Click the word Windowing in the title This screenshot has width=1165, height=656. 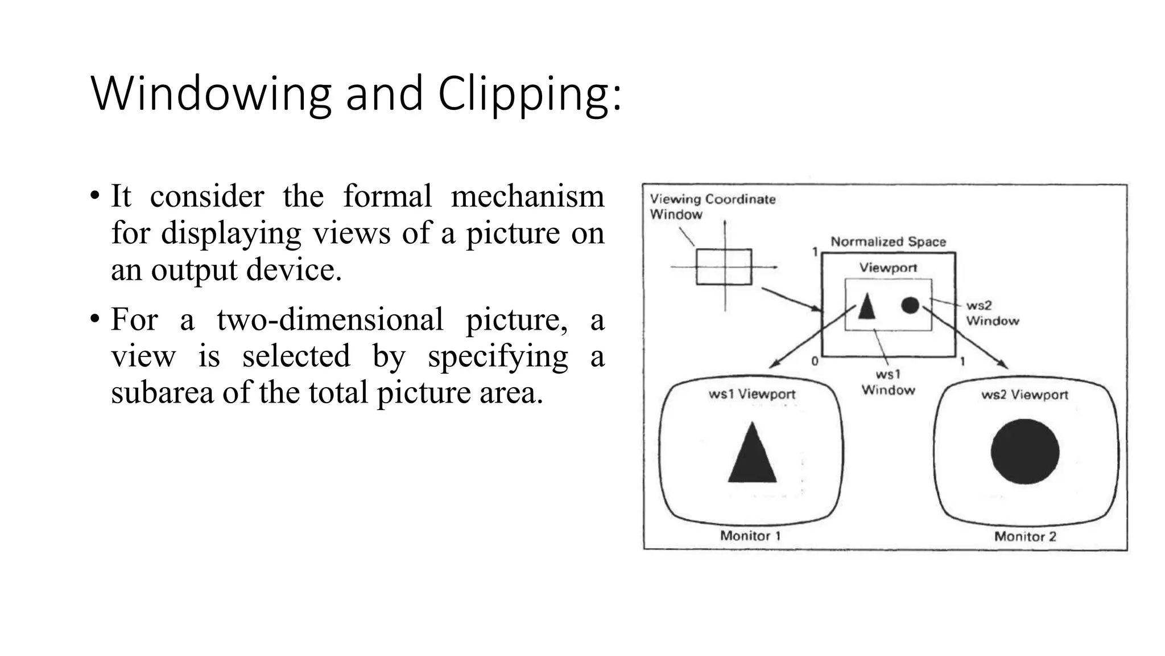tap(210, 94)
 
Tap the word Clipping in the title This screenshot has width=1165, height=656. tap(529, 94)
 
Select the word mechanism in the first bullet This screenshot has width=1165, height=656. tap(527, 196)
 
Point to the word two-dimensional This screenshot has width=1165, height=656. tap(330, 319)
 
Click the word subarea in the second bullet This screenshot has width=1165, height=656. tap(162, 393)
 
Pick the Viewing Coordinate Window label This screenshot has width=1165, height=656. tap(712, 207)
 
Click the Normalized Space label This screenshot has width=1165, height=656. tap(888, 241)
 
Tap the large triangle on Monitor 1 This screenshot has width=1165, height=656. tap(752, 455)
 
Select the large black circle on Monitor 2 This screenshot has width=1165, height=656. tap(1025, 452)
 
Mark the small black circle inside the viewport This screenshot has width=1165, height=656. tap(910, 305)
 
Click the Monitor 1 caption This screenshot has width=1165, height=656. tap(750, 536)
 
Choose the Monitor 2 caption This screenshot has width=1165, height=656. tap(1025, 536)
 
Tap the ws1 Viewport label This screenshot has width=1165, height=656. tap(751, 394)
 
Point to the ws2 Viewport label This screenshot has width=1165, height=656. tap(1024, 395)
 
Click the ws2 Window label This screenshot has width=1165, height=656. tap(992, 313)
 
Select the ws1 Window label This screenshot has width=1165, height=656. tap(888, 382)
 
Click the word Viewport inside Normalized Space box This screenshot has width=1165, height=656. tap(888, 268)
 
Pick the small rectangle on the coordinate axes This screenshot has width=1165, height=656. tap(724, 266)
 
